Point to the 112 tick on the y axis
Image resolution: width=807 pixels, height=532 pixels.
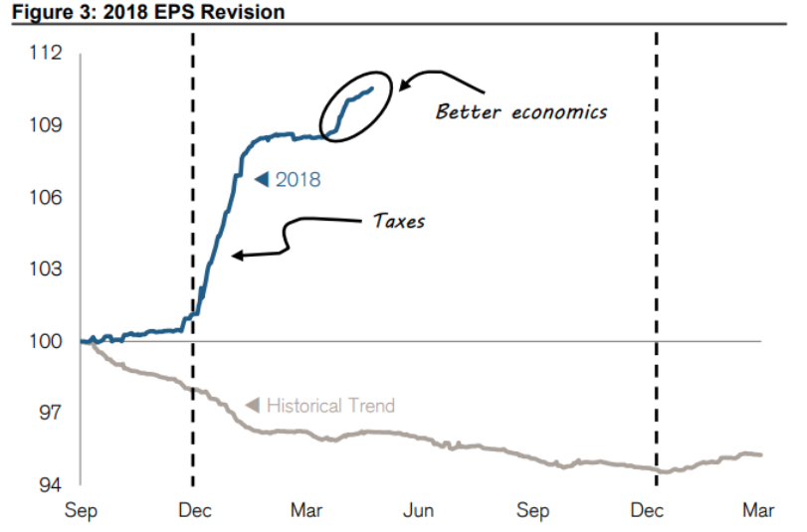click(x=46, y=53)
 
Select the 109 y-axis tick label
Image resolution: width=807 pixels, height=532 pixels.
click(x=46, y=125)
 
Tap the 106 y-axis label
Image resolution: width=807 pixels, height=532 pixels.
click(x=46, y=197)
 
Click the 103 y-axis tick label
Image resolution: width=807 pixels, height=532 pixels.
click(x=46, y=269)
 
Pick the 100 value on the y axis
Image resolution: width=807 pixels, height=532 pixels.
click(x=46, y=341)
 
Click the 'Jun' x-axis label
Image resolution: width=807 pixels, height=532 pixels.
click(x=419, y=511)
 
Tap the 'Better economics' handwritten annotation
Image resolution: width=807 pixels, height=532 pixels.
click(x=520, y=110)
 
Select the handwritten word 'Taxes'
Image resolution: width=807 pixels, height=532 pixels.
click(x=398, y=221)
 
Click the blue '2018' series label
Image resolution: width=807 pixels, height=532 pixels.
click(x=298, y=180)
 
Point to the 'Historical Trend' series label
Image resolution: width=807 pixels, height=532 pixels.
click(x=330, y=406)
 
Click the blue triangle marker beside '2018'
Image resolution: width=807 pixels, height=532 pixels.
click(x=262, y=180)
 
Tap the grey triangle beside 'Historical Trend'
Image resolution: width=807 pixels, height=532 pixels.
click(x=252, y=405)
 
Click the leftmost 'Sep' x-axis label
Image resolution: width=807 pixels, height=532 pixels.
click(x=81, y=511)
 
